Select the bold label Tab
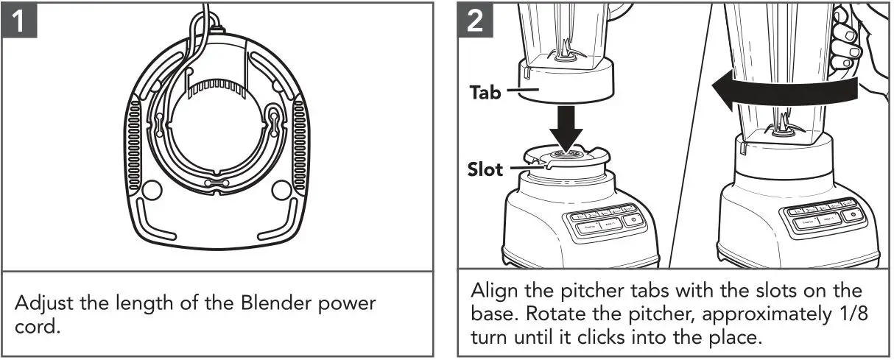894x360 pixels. click(485, 93)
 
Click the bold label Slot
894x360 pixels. click(486, 170)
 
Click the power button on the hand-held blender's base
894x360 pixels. click(853, 215)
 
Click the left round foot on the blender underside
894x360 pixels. click(149, 191)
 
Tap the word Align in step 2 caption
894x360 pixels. click(491, 289)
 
